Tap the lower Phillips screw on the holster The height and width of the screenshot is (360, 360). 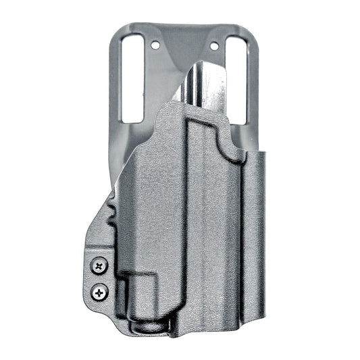point(101,292)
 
